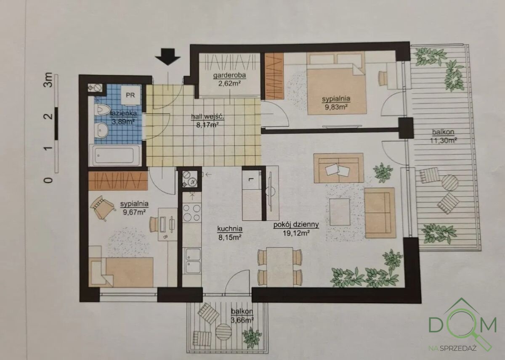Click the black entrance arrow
(168, 57)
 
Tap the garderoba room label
(229, 75)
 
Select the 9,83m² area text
(336, 107)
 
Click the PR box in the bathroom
(130, 95)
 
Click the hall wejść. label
(207, 116)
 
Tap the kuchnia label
(230, 229)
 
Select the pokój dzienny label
(296, 225)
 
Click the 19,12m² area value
(296, 233)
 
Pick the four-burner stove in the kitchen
(191, 213)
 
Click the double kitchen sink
(193, 261)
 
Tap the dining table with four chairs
(279, 267)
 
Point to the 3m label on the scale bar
(48, 80)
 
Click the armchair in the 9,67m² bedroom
(103, 208)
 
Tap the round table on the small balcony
(223, 332)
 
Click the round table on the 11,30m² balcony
(450, 183)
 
